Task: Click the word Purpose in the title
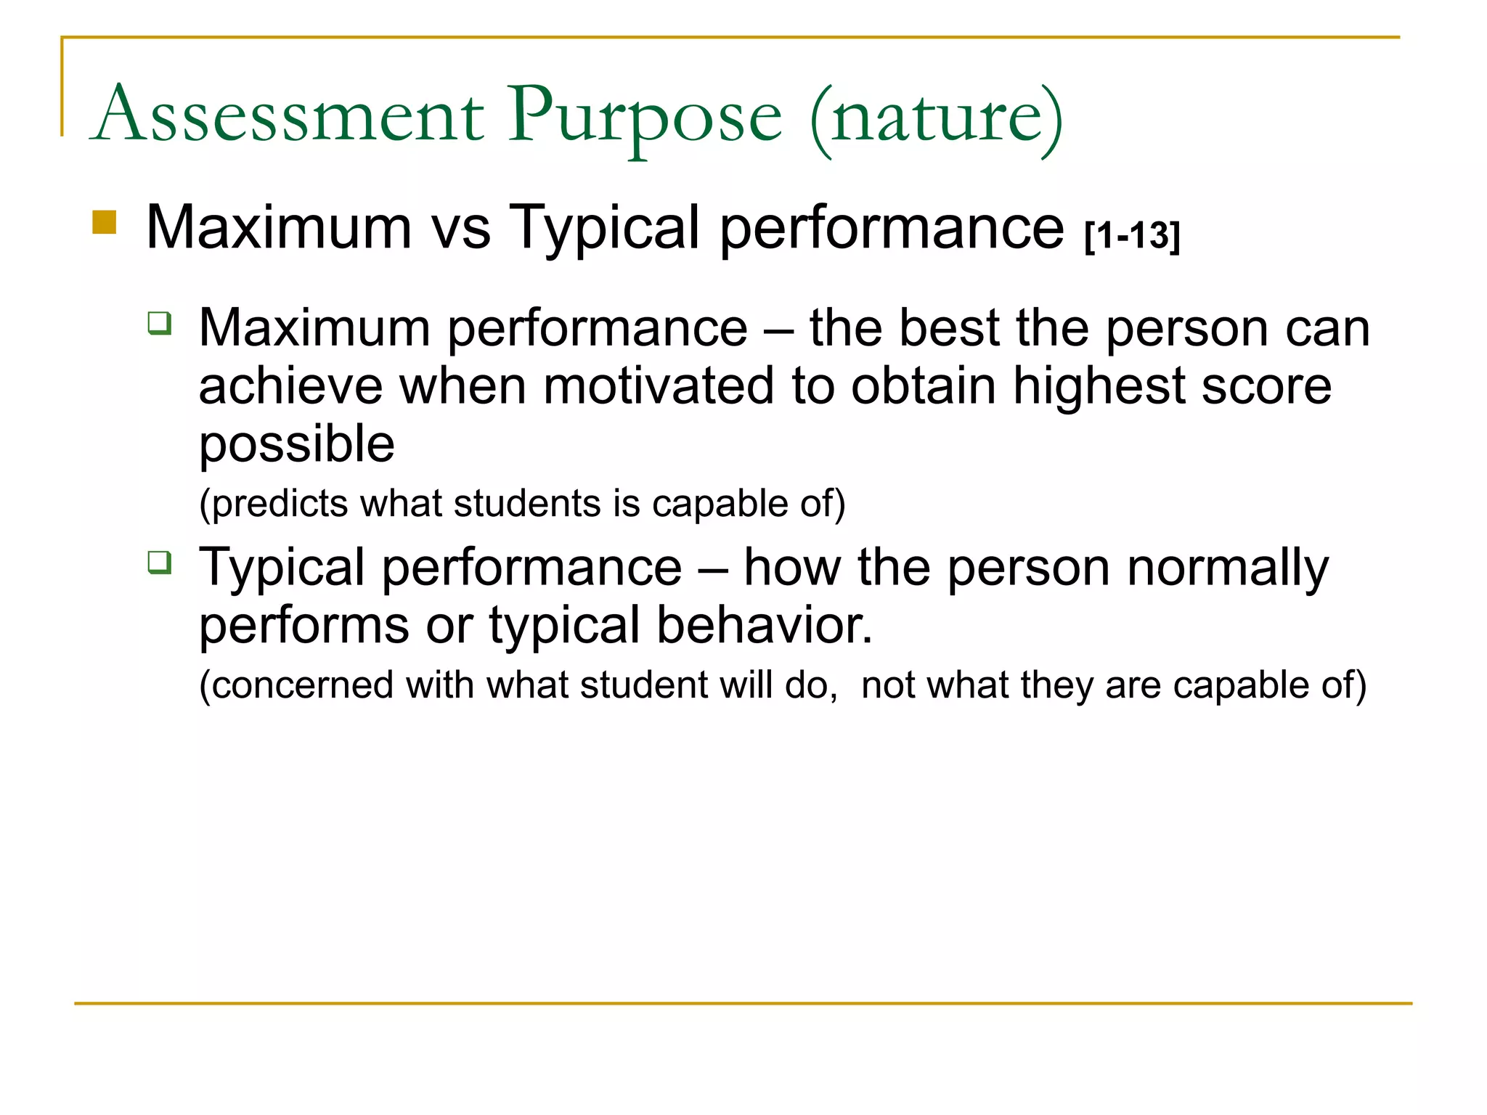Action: tap(645, 116)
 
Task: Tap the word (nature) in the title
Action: tap(937, 116)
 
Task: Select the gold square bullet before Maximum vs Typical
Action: tap(105, 222)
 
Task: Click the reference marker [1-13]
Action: tap(1133, 236)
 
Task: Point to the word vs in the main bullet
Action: tap(462, 227)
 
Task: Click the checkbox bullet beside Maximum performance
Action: tap(160, 322)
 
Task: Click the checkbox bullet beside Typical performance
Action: tap(160, 562)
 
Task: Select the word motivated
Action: tap(658, 385)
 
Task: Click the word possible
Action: tap(297, 444)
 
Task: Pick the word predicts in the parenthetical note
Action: tap(280, 504)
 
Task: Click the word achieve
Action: tap(291, 385)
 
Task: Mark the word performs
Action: tap(304, 625)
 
